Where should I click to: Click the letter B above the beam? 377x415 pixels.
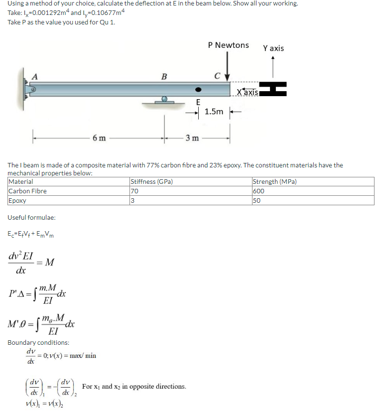(x=164, y=77)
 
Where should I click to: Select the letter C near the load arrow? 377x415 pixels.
(x=217, y=77)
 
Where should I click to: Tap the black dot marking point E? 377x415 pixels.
(x=198, y=90)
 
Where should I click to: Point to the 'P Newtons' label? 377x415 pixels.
(x=228, y=45)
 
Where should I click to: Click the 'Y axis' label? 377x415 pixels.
(x=273, y=48)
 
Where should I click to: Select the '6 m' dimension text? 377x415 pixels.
(x=99, y=138)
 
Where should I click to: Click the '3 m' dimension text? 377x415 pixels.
(x=193, y=138)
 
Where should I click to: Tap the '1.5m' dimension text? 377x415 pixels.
(x=214, y=112)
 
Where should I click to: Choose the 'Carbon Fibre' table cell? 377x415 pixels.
(x=28, y=191)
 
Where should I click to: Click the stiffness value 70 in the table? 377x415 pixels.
(x=133, y=191)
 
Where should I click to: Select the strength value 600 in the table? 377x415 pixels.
(x=258, y=191)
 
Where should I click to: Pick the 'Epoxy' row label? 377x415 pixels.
(x=17, y=200)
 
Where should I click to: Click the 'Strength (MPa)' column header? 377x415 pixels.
(x=275, y=182)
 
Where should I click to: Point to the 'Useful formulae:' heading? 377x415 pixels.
(x=32, y=218)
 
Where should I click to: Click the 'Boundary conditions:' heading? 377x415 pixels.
(x=38, y=343)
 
